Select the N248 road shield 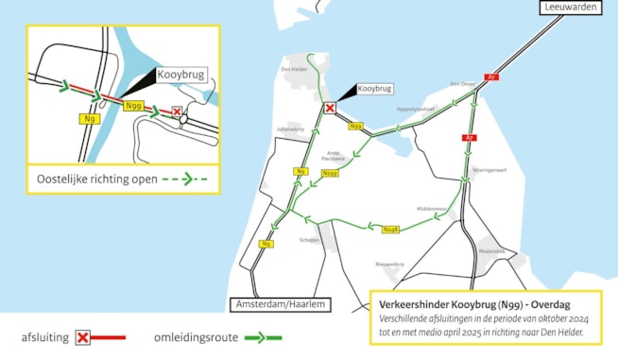(391, 230)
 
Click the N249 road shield (330, 173)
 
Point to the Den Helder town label (296, 69)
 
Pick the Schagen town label (309, 240)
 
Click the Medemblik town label (492, 251)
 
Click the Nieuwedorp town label (390, 264)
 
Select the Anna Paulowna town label (333, 154)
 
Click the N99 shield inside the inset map (134, 106)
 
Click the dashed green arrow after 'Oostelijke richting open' (184, 177)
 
